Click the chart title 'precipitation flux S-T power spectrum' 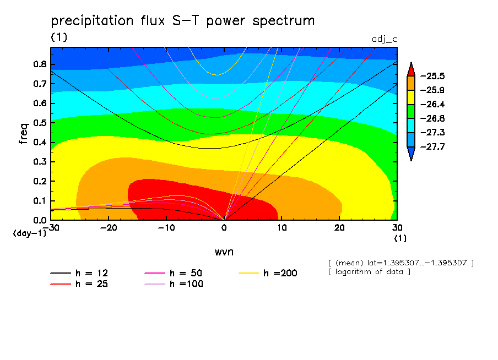[183, 21]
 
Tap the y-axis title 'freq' [23, 134]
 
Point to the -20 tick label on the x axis [109, 227]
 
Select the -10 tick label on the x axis [166, 227]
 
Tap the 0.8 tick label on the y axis [39, 64]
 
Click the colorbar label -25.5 [432, 76]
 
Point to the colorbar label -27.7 [432, 147]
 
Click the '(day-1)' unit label [29, 233]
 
